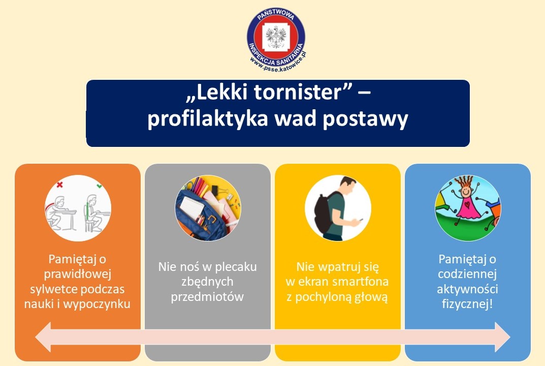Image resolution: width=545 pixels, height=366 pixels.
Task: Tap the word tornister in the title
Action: tap(298, 92)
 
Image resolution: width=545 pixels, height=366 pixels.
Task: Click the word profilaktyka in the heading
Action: tap(208, 119)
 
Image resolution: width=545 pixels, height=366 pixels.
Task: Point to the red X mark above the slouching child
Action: tap(60, 185)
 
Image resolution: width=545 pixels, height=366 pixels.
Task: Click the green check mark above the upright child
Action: tap(100, 186)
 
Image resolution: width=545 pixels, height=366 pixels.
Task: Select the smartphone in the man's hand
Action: tap(361, 220)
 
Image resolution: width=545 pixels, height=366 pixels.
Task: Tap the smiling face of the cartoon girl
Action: tap(466, 191)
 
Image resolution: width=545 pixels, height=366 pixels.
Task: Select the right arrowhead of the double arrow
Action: tap(503, 337)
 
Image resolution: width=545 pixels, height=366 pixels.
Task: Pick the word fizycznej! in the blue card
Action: tap(467, 304)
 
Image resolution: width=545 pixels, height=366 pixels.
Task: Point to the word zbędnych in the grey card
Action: tap(207, 282)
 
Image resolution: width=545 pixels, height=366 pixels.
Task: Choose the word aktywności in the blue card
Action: tap(467, 289)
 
